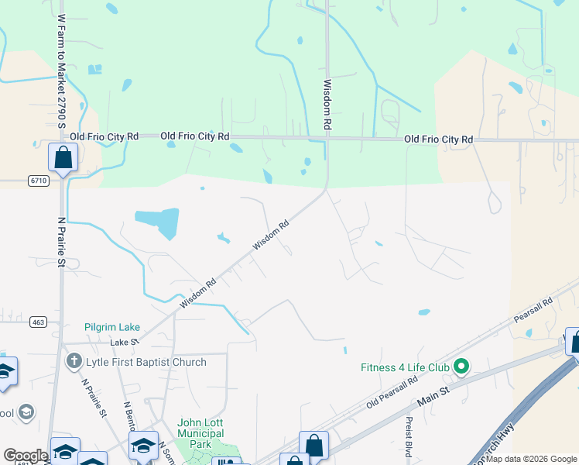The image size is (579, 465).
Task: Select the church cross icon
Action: (x=74, y=361)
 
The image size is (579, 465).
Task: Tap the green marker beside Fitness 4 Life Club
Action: (x=462, y=366)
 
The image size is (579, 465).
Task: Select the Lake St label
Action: (x=124, y=342)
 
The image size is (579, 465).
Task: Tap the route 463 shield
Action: (x=38, y=321)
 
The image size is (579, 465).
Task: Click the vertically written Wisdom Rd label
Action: (x=327, y=104)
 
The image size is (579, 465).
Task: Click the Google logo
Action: (x=26, y=456)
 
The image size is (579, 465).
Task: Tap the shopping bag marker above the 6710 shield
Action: (x=63, y=158)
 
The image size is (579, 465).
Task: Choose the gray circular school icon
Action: (x=26, y=411)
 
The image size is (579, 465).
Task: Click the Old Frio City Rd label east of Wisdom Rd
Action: (x=438, y=139)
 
